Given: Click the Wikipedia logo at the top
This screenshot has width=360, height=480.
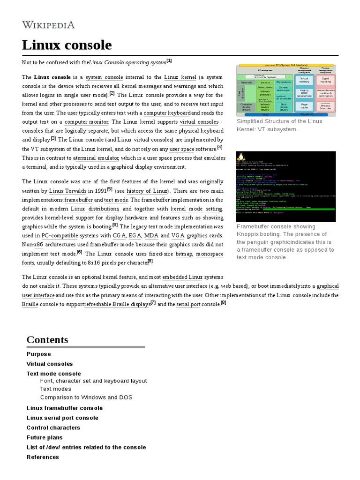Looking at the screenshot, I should click(x=48, y=24).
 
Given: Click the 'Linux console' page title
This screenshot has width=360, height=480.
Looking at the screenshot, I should click(x=67, y=45).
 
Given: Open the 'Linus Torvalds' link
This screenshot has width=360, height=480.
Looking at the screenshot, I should click(x=68, y=191).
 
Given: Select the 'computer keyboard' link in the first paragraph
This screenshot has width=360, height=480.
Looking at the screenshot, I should click(x=166, y=113).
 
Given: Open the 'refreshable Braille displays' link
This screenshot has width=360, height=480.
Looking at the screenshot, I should click(x=117, y=304).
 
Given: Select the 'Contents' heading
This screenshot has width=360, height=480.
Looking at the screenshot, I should click(x=47, y=340).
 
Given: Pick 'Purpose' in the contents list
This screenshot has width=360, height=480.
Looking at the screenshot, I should click(x=38, y=354).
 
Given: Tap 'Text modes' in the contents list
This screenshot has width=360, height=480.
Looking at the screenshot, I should click(x=55, y=389).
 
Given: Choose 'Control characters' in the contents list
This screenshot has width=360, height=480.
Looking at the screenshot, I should click(x=53, y=427).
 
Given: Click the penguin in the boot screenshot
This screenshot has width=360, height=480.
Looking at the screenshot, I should click(x=242, y=157).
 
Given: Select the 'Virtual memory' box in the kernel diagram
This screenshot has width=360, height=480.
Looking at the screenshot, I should click(x=304, y=80).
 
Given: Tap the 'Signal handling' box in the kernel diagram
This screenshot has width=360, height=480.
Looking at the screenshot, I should click(x=325, y=80).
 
